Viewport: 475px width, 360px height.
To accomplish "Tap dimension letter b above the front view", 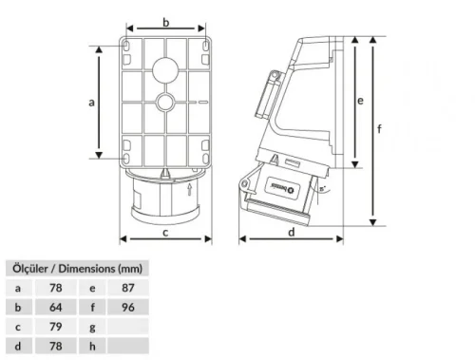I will click(165, 20).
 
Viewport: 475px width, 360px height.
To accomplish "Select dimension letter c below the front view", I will click(165, 229).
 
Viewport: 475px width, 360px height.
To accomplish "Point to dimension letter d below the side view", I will click(291, 229).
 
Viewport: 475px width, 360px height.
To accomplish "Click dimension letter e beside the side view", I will click(361, 99).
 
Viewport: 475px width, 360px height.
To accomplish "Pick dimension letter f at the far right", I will click(380, 131).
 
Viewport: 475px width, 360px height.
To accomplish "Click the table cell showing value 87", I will click(128, 287).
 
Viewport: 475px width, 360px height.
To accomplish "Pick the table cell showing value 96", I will click(128, 307).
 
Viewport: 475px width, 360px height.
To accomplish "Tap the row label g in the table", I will click(92, 328).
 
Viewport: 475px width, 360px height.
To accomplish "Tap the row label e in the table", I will click(92, 287).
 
